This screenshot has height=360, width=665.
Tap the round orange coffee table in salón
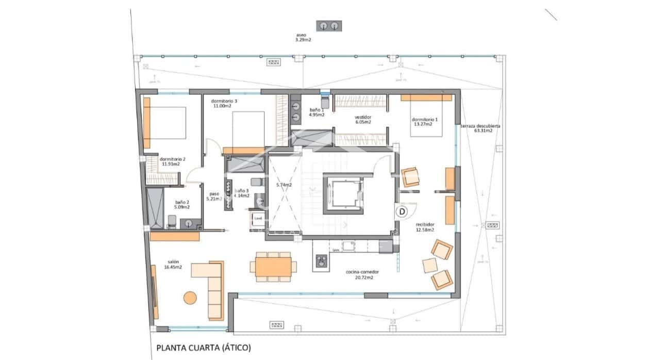(x=190, y=298)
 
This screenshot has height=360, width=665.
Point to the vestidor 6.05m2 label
(x=362, y=120)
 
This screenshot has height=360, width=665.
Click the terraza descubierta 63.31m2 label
(x=480, y=128)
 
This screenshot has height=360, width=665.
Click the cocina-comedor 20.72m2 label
(x=360, y=274)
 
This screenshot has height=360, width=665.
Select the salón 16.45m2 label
(x=173, y=265)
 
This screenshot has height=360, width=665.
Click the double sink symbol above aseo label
(x=329, y=25)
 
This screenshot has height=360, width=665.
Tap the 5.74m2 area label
(x=284, y=185)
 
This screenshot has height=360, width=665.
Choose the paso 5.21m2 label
(x=213, y=196)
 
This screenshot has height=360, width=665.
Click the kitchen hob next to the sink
(x=321, y=261)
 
